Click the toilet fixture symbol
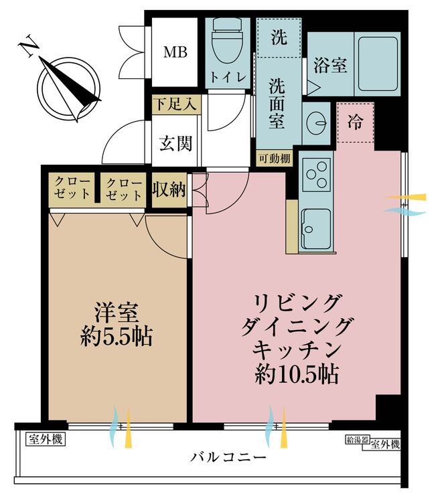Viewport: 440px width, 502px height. pyautogui.click(x=227, y=40)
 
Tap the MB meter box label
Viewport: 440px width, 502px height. pyautogui.click(x=175, y=52)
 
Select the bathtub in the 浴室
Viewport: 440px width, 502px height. pyautogui.click(x=378, y=64)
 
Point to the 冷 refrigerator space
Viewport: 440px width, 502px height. pyautogui.click(x=356, y=122)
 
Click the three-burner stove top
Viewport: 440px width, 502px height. pyautogui.click(x=316, y=175)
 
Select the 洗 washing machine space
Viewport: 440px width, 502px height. pyautogui.click(x=279, y=37)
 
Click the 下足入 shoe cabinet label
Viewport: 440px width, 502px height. pyautogui.click(x=175, y=104)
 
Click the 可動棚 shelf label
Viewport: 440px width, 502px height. pyautogui.click(x=275, y=158)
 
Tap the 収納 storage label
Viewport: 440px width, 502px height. pyautogui.click(x=169, y=191)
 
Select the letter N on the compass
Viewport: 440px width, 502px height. pyautogui.click(x=29, y=46)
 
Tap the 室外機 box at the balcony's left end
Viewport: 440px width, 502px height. pyautogui.click(x=45, y=440)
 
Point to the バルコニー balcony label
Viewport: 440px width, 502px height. pyautogui.click(x=228, y=457)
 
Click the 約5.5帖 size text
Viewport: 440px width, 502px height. pyautogui.click(x=117, y=336)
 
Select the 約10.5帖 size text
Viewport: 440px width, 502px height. pyautogui.click(x=296, y=374)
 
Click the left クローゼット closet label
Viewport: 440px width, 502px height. pyautogui.click(x=72, y=189)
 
